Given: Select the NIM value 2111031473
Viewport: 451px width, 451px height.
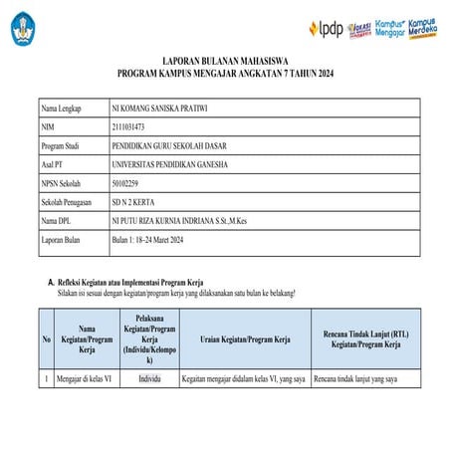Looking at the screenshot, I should (x=135, y=125).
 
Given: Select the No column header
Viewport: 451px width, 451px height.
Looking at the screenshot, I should (x=46, y=338).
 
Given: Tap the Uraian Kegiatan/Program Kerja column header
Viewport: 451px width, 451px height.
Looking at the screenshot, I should (x=244, y=338).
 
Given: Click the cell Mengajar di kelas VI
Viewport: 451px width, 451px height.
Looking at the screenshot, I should (x=84, y=379).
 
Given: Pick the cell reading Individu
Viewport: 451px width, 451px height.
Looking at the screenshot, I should (x=149, y=379).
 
